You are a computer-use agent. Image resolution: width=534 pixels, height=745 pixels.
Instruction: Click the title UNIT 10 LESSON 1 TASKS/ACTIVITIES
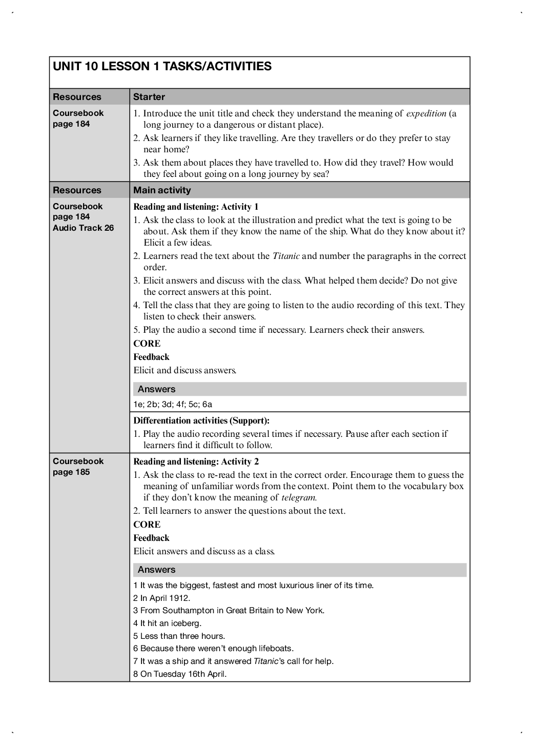162,67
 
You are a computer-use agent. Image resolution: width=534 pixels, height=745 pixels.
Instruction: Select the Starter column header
149,97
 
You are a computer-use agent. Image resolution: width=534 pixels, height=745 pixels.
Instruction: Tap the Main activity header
162,190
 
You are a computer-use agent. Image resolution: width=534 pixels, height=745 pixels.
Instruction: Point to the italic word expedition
426,113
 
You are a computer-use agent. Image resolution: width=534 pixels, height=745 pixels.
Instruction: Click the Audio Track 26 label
83,228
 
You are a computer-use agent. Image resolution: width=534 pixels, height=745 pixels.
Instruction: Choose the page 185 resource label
71,472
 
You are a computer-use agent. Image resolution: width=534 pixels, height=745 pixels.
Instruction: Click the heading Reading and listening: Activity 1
196,207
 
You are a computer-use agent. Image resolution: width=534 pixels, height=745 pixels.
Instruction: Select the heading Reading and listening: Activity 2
196,461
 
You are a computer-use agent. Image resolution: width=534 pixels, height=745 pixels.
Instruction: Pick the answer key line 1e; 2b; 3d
173,404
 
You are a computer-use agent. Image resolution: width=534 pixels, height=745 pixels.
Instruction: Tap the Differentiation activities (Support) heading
201,420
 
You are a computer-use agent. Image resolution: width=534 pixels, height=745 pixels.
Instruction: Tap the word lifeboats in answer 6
276,649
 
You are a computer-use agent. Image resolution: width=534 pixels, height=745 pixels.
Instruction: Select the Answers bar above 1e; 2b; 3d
300,389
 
